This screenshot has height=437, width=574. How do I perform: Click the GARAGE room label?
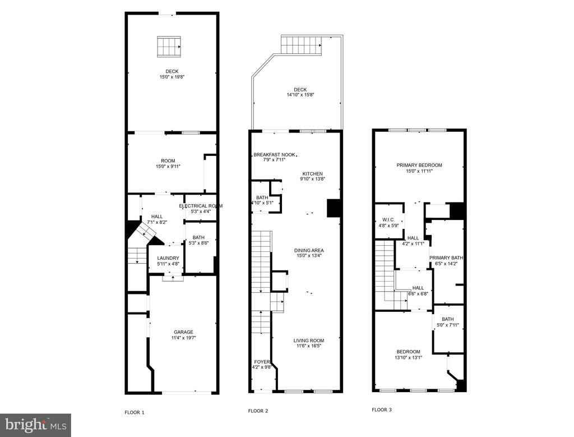coord(183,332)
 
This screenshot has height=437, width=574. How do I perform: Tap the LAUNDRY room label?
coord(168,258)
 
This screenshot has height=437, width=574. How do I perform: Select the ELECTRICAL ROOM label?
coord(201,206)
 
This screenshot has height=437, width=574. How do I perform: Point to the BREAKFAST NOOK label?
coord(274,155)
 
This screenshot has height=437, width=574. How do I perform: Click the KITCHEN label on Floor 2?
coord(313,174)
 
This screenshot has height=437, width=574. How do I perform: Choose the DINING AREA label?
coord(309,251)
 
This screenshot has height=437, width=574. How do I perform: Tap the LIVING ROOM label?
coord(309,341)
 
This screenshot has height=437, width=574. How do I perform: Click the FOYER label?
coord(262,362)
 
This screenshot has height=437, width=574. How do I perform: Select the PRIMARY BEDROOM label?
coord(419,165)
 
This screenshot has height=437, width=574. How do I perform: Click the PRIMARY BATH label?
coord(446,258)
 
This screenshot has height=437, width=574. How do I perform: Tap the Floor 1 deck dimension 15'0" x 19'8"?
coord(172,77)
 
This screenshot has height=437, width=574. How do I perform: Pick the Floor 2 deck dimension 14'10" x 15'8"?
coord(300,95)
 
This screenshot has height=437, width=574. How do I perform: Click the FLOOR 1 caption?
coord(135,412)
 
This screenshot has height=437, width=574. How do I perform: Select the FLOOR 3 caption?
coord(381,410)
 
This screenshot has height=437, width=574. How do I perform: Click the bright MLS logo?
coord(35,425)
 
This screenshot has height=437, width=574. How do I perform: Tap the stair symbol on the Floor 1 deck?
coord(169,47)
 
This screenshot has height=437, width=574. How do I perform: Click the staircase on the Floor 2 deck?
coord(301,45)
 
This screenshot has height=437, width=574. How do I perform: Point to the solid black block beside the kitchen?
coord(334,208)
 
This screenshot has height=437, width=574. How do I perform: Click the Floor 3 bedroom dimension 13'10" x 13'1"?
coord(408,357)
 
